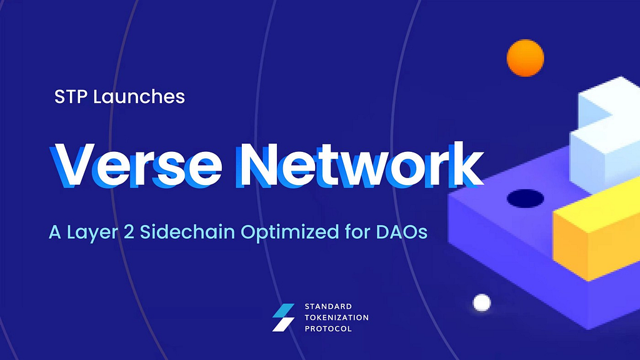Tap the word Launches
[x=139, y=97]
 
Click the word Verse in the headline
[x=136, y=165]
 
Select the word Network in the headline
[x=361, y=164]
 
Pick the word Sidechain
[x=187, y=231]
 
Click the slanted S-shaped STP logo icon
[x=283, y=317]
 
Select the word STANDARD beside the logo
[x=328, y=306]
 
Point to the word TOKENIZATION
[x=337, y=317]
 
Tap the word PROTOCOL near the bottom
[x=328, y=329]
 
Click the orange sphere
[x=525, y=58]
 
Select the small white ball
[x=482, y=303]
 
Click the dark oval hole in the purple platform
[x=525, y=198]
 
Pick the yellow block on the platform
[x=596, y=229]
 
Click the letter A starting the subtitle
[x=55, y=232]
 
